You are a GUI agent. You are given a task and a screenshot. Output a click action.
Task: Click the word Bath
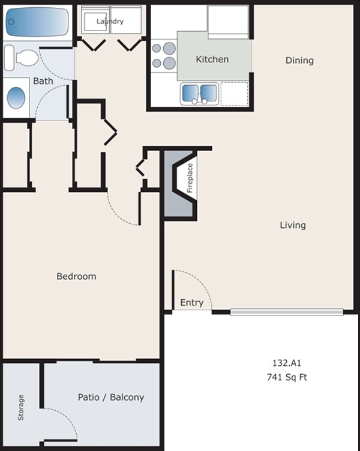tap(43, 80)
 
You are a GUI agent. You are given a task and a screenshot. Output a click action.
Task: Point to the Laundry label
tap(111, 22)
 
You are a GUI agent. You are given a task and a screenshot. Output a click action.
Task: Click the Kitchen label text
tap(212, 59)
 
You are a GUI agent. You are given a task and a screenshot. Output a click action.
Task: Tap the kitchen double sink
tap(199, 94)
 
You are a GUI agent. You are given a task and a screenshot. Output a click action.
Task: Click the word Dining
tap(299, 60)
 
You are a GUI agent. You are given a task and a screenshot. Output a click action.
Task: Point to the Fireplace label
tap(189, 178)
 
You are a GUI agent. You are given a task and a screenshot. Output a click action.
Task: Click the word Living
tap(293, 225)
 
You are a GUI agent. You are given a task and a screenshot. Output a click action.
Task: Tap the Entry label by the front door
tap(191, 303)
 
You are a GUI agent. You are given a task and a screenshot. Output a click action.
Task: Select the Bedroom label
tap(76, 276)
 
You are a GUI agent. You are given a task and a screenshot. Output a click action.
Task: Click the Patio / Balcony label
tap(111, 397)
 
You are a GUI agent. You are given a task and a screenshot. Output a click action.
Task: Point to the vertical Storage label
tap(22, 407)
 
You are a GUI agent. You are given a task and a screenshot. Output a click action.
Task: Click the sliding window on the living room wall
tap(287, 312)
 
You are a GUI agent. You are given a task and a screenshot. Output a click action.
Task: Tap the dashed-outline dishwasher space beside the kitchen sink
tap(234, 94)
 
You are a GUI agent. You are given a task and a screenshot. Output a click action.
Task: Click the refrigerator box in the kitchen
tap(228, 21)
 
